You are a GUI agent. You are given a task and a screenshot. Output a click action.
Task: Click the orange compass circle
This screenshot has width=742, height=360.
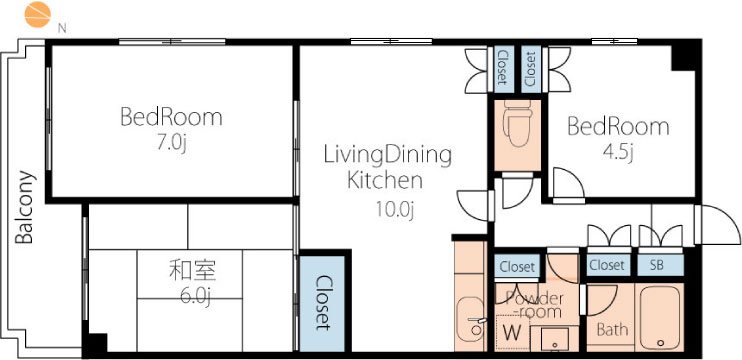pos(37,14)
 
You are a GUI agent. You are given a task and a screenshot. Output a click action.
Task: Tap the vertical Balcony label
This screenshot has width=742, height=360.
pos(25,207)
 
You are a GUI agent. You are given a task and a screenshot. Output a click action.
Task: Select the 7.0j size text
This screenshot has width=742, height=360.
pos(172,142)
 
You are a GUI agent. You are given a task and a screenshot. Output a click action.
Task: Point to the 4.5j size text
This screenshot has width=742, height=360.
pos(618,152)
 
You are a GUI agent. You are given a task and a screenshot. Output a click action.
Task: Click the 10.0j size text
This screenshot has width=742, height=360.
pos(395,210)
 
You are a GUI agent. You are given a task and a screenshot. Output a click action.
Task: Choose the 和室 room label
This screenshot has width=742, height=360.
pos(192,271)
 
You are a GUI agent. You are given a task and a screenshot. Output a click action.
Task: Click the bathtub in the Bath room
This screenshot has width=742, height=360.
pos(660,317)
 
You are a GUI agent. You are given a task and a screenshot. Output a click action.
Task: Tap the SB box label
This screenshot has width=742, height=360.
pos(656,265)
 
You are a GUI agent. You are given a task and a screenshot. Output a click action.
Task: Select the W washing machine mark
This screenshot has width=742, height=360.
pos(512,333)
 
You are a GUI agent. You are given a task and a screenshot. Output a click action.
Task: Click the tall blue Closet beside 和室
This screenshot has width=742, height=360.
pos(321,303)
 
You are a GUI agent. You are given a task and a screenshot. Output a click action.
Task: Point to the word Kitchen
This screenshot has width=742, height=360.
pos(385,181)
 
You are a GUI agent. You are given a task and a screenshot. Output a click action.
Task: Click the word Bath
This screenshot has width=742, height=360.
pos(612,329)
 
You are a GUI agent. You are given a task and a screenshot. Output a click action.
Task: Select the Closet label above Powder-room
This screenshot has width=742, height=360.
pos(517,267)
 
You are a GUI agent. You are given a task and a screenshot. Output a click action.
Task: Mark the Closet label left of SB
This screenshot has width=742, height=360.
pos(606,265)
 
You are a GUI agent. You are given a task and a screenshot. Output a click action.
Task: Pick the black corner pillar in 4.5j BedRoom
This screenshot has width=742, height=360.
pos(686,56)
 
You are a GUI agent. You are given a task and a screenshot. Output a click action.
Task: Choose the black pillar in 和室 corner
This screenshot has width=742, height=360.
pos(96,344)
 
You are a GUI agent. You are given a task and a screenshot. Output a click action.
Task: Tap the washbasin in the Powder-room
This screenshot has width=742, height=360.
pos(554,338)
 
